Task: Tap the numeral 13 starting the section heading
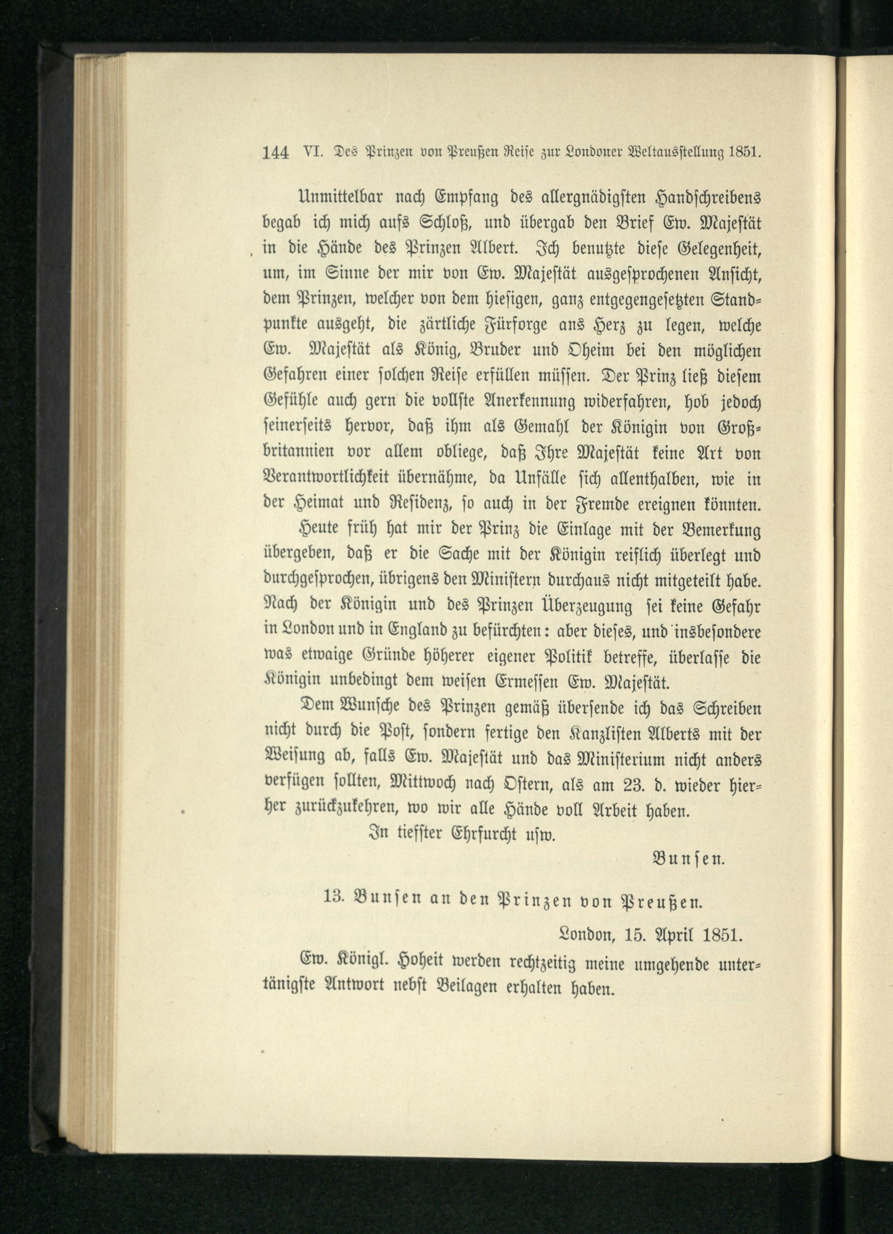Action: (x=332, y=907)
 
